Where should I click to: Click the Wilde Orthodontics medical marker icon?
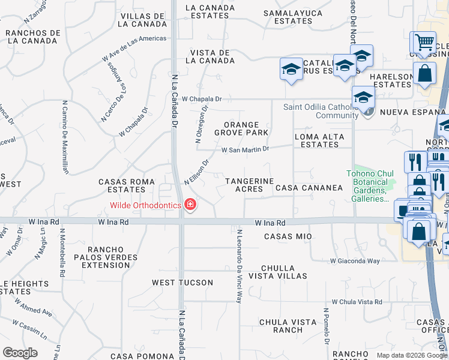[x=190, y=205]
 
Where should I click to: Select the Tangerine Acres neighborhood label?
[x=249, y=185]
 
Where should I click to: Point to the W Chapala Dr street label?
[x=202, y=98]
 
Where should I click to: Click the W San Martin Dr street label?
[x=246, y=149]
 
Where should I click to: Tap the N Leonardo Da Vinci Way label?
[x=239, y=266]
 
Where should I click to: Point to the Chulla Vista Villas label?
[x=285, y=272]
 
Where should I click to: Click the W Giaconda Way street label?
[x=355, y=261]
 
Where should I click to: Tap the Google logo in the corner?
[x=20, y=352]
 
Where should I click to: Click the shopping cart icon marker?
[x=424, y=42]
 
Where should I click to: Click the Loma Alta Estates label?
[x=320, y=140]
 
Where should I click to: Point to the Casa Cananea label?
[x=309, y=188]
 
